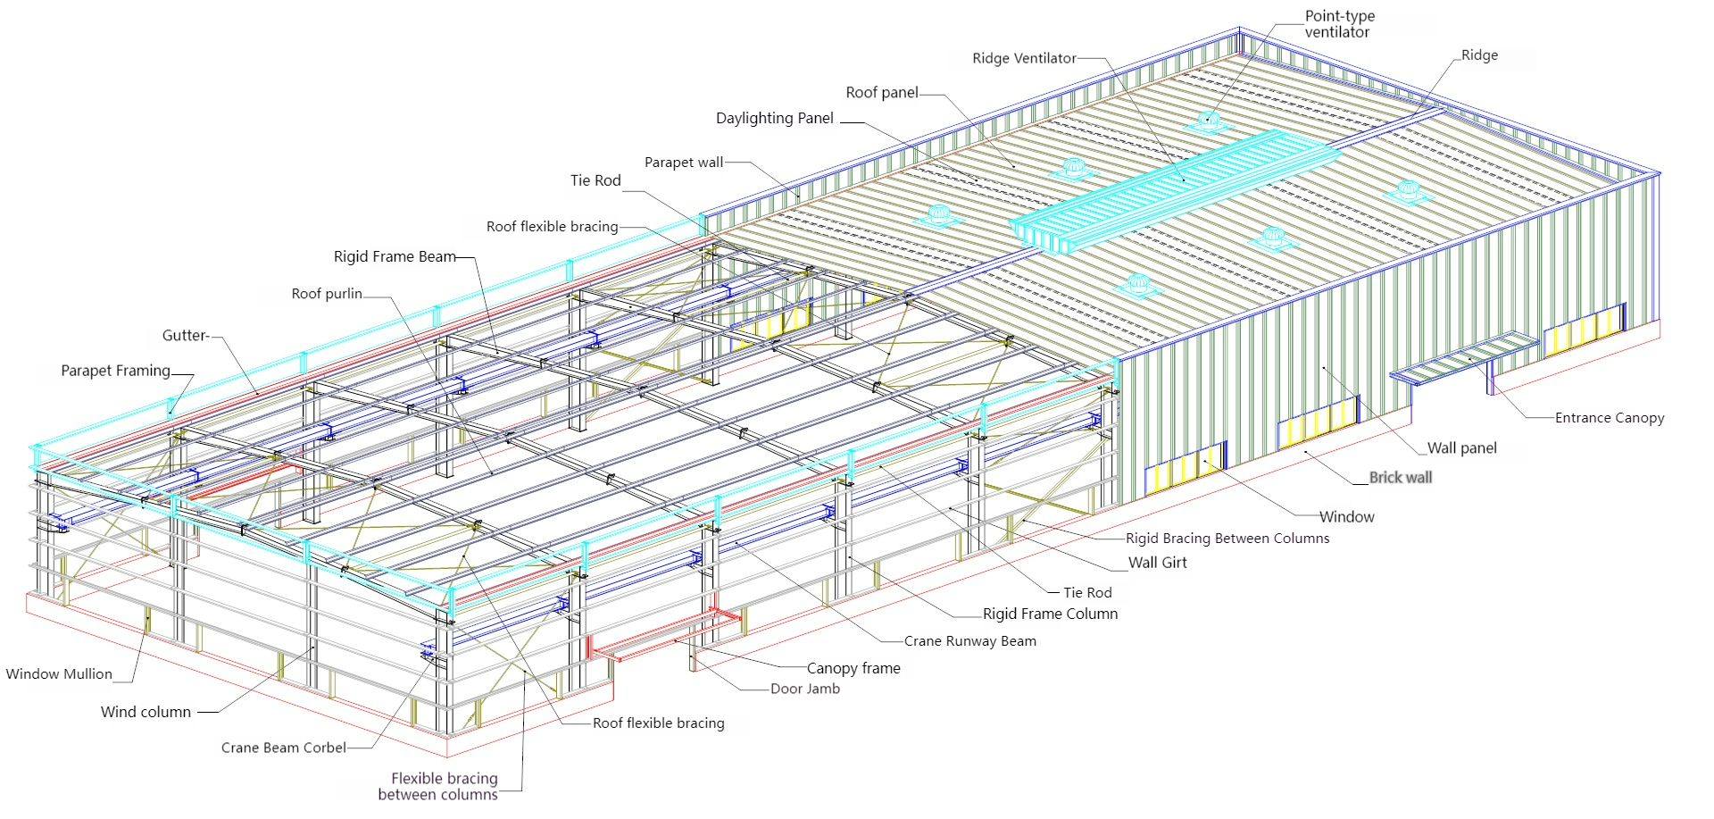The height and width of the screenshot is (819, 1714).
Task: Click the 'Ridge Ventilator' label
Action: pos(1023,59)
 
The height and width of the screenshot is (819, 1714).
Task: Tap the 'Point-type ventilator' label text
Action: pos(1339,24)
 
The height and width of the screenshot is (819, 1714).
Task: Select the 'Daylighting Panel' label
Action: pos(774,119)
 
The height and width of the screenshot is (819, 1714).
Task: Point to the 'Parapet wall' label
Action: pos(684,163)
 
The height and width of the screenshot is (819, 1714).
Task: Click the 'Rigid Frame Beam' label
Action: pos(395,257)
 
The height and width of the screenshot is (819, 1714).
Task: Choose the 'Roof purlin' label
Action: pos(327,294)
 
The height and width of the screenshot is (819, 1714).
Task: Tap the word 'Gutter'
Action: pos(185,336)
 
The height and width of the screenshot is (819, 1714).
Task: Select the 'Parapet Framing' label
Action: pos(115,371)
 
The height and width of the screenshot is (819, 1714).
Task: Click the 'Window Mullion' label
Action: pos(59,674)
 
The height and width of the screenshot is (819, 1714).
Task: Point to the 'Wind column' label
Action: pos(146,713)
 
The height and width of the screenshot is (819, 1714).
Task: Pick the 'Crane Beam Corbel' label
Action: pos(283,748)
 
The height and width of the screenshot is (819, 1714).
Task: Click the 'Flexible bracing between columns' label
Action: pos(438,787)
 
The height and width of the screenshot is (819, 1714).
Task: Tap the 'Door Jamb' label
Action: pos(804,689)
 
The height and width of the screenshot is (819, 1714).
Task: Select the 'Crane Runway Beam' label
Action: pos(969,641)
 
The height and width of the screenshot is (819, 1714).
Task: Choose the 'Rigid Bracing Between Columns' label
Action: pos(1227,539)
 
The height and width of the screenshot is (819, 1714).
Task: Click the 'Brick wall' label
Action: pos(1400,478)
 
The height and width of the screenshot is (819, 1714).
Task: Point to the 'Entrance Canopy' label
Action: pos(1609,418)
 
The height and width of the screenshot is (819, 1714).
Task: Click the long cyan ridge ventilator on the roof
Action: pos(1169,188)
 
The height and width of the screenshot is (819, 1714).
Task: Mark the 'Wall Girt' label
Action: pos(1157,563)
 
